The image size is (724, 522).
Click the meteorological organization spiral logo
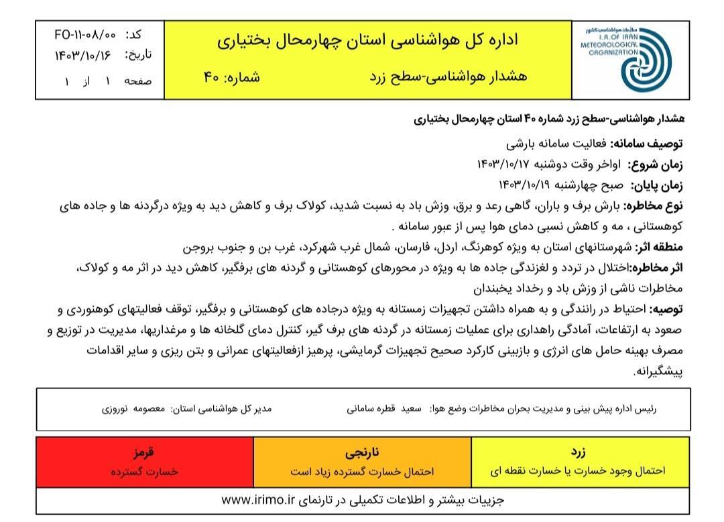(640, 61)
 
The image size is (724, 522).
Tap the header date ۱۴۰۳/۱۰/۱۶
(82, 55)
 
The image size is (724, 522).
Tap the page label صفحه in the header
(139, 80)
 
